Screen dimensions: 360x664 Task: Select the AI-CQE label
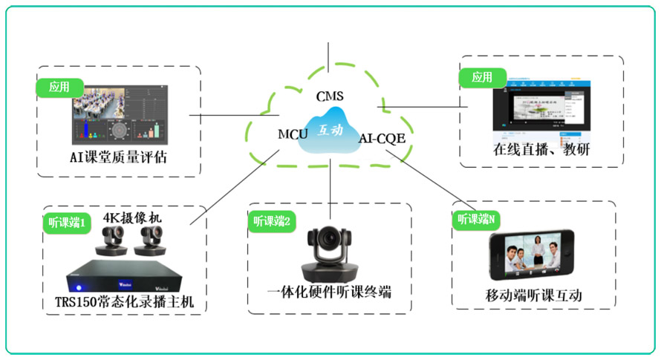point(382,138)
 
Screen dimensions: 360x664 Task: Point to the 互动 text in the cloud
point(331,130)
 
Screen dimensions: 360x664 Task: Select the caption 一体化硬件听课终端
point(330,292)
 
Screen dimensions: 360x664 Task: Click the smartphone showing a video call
point(532,256)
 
